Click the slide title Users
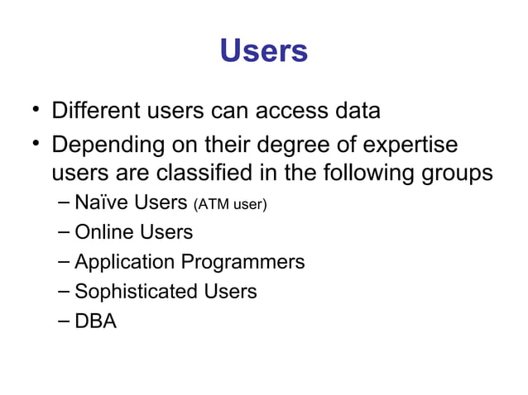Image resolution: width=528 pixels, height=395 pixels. click(x=264, y=51)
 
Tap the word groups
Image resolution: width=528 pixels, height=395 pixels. click(x=458, y=174)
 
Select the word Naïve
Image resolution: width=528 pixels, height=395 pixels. click(x=99, y=203)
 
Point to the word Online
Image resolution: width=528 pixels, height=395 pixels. click(x=100, y=233)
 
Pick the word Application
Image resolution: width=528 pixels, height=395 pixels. click(x=124, y=263)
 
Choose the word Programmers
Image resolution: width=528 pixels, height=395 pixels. click(x=243, y=263)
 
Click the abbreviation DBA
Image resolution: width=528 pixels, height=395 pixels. click(x=95, y=321)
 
